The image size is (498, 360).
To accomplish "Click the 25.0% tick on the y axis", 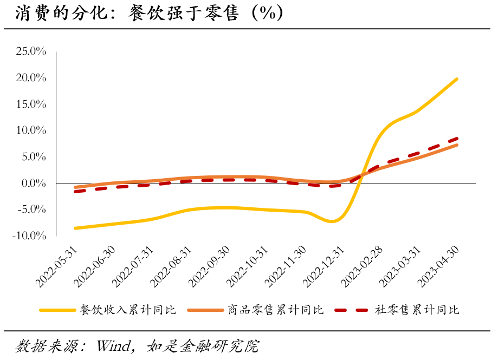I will click(x=31, y=51).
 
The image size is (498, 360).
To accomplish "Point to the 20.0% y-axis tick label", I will click(x=31, y=78).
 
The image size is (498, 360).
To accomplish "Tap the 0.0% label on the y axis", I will click(x=34, y=184).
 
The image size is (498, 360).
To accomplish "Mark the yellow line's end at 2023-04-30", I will click(x=457, y=79).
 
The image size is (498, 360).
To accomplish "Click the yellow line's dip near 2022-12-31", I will click(x=333, y=221).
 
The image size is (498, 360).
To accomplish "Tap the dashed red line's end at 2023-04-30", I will click(x=457, y=139).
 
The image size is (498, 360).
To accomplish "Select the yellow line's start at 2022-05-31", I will click(x=75, y=228).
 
